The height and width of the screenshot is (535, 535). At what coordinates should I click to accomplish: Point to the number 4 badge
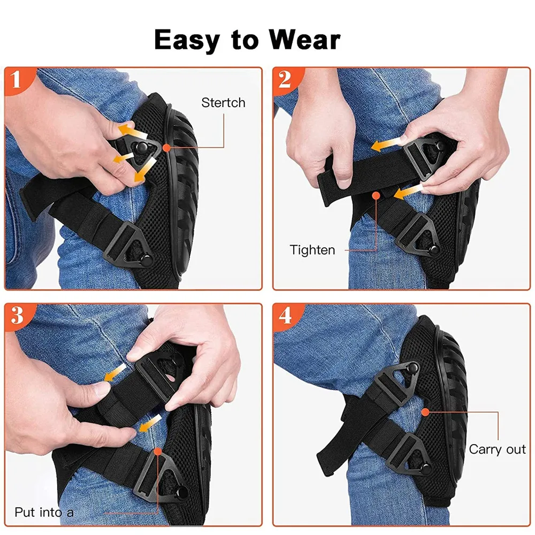click(285, 316)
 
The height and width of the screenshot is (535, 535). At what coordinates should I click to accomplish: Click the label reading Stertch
click(223, 103)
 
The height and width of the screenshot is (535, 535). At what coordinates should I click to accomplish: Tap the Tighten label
click(312, 249)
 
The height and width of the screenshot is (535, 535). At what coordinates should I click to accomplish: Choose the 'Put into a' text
click(44, 512)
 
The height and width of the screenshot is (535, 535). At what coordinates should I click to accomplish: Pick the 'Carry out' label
click(498, 449)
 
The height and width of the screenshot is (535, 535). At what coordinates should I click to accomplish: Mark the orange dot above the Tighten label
click(377, 196)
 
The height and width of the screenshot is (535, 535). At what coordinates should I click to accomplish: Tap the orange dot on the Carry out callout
click(425, 411)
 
